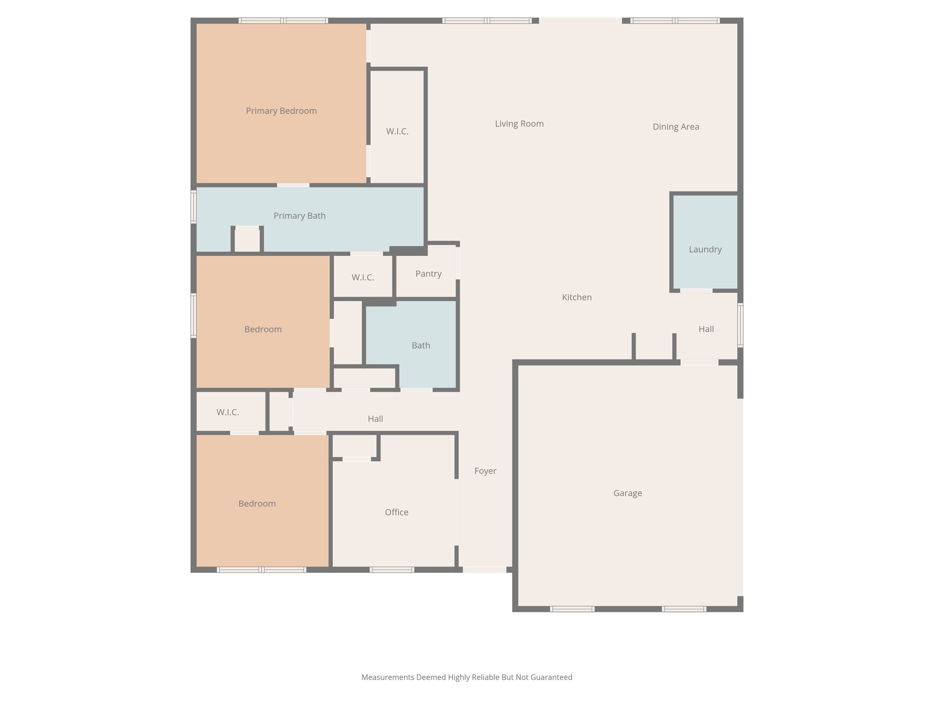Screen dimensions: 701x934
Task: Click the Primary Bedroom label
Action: pyautogui.click(x=281, y=111)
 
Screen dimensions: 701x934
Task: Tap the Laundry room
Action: pyautogui.click(x=705, y=249)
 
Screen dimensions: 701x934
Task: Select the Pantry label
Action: pyautogui.click(x=428, y=274)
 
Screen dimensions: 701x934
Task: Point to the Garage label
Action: pyautogui.click(x=628, y=493)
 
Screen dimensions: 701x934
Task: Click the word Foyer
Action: pyautogui.click(x=485, y=471)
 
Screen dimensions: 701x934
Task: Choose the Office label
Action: pyautogui.click(x=396, y=512)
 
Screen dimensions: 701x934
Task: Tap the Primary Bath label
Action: pyautogui.click(x=299, y=216)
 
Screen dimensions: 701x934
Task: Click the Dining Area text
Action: pyautogui.click(x=675, y=127)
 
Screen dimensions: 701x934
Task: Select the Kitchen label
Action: pyautogui.click(x=576, y=297)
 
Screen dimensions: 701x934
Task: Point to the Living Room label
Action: pyautogui.click(x=519, y=124)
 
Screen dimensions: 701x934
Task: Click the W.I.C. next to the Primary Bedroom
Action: pyautogui.click(x=397, y=131)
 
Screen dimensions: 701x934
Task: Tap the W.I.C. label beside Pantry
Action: pyautogui.click(x=363, y=277)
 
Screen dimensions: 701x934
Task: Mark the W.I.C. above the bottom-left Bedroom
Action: pyautogui.click(x=228, y=412)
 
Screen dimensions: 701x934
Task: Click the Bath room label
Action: pyautogui.click(x=420, y=345)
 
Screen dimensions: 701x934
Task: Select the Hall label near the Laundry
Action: pyautogui.click(x=706, y=329)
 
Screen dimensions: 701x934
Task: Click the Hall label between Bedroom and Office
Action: pyautogui.click(x=375, y=419)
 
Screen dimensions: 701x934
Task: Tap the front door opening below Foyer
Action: pyautogui.click(x=485, y=570)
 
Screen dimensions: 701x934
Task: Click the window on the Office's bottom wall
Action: pyautogui.click(x=392, y=570)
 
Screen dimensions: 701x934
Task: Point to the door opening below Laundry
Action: pyautogui.click(x=696, y=291)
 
